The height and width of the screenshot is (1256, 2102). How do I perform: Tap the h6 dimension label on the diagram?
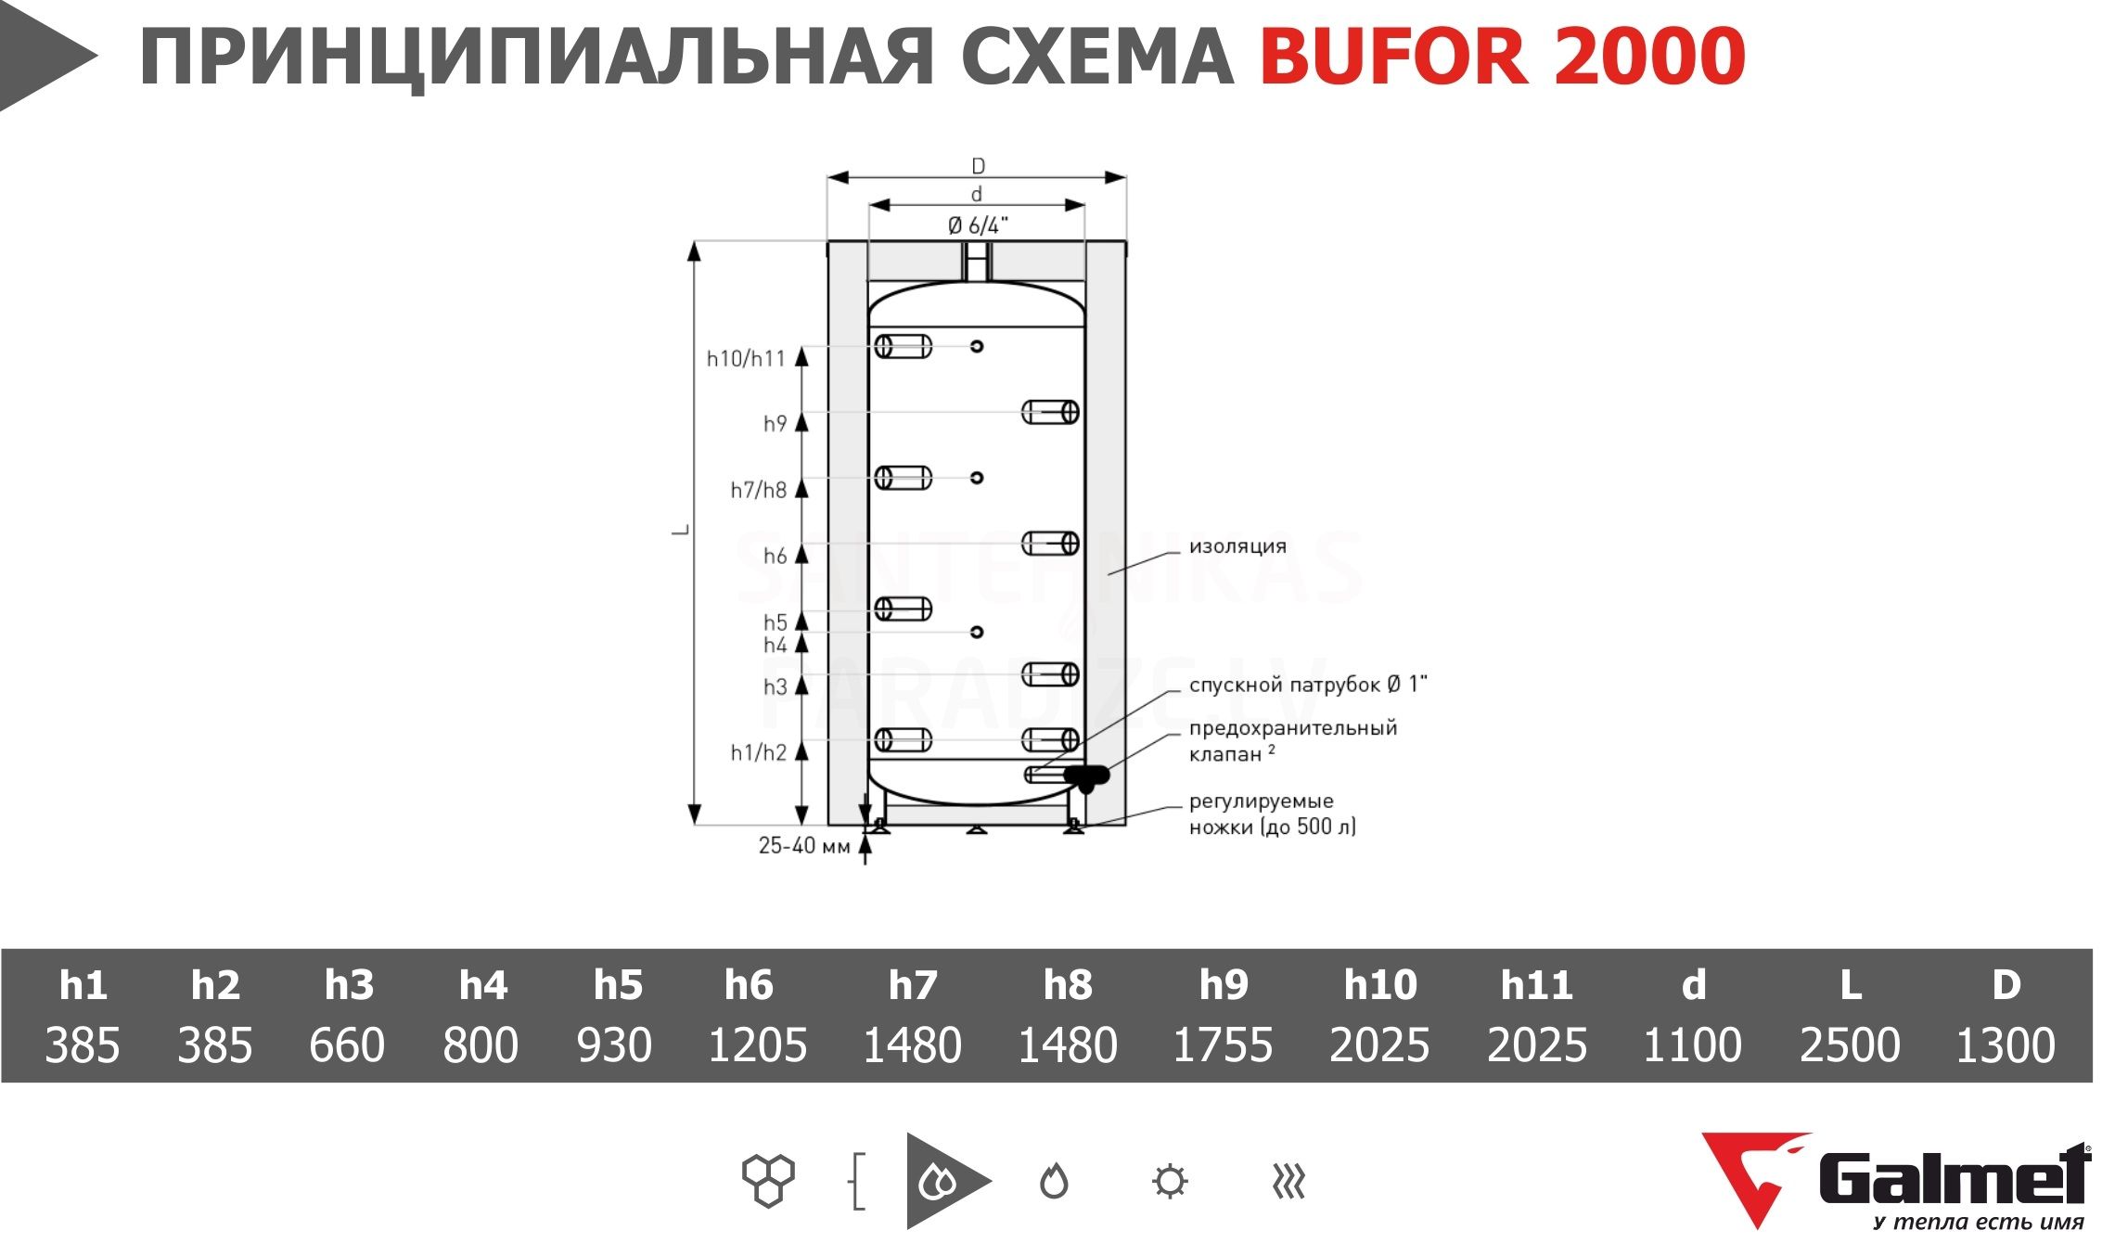tap(775, 556)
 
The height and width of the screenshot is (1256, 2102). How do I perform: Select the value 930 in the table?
tap(614, 1045)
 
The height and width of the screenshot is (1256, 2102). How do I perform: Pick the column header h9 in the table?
tap(1224, 984)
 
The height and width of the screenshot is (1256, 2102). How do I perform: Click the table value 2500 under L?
tap(1850, 1045)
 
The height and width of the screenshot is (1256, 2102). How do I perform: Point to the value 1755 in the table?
tap(1223, 1045)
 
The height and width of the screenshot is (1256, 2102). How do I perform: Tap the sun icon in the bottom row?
tap(1169, 1182)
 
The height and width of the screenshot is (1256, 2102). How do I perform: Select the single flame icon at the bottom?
tap(1054, 1181)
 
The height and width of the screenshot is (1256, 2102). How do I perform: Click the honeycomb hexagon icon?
tap(768, 1181)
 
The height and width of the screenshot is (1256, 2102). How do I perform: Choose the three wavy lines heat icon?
tap(1288, 1182)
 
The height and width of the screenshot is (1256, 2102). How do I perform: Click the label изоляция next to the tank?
tap(1237, 546)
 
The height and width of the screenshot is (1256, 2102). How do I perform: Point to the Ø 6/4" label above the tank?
tap(978, 225)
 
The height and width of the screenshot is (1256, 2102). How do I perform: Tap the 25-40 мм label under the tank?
tap(804, 846)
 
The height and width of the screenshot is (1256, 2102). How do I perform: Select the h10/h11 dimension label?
tap(746, 358)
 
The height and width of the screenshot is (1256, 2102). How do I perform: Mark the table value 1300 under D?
tap(2006, 1045)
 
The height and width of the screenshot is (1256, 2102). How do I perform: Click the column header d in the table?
tap(1694, 984)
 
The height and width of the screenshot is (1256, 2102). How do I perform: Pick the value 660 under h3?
tap(347, 1045)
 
